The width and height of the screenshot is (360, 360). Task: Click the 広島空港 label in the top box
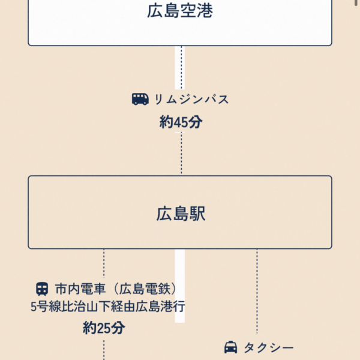tap(180, 11)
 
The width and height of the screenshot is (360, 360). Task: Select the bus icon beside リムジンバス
tap(140, 99)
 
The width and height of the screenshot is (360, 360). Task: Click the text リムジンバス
tap(191, 100)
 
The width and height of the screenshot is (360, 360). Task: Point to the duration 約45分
tap(181, 122)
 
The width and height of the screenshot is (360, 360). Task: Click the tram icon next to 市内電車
tap(42, 288)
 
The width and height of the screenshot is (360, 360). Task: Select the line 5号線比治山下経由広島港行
tap(107, 307)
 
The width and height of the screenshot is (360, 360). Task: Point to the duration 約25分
tap(104, 328)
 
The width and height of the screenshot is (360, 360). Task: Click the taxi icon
tap(230, 347)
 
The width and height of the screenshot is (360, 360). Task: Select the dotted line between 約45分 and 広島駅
tap(181, 153)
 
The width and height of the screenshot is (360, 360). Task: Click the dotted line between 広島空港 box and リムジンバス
tap(181, 66)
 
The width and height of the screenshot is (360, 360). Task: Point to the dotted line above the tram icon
tap(104, 264)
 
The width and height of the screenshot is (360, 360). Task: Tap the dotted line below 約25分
tap(104, 349)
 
